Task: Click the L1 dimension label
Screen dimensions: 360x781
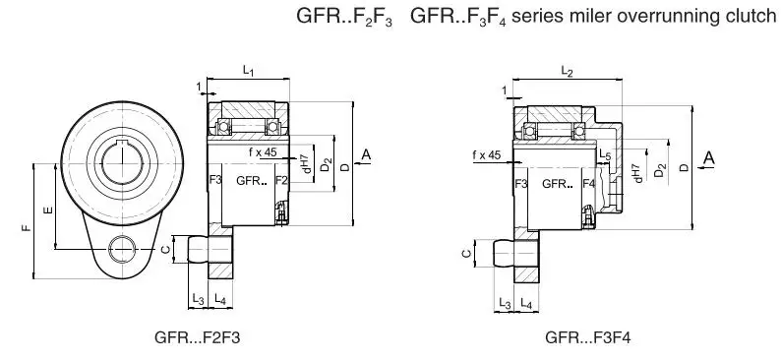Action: (x=249, y=71)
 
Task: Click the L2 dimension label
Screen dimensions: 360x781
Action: (x=566, y=71)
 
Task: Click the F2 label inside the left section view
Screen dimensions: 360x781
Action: (x=281, y=180)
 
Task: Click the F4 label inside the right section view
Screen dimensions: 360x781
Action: (x=588, y=183)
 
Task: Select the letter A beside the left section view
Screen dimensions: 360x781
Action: (x=366, y=154)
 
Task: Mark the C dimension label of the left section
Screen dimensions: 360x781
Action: (x=165, y=250)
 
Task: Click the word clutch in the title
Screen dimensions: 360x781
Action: (x=750, y=18)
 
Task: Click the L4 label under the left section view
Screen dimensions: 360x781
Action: (x=220, y=298)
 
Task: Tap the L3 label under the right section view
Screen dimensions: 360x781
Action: (x=505, y=302)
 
